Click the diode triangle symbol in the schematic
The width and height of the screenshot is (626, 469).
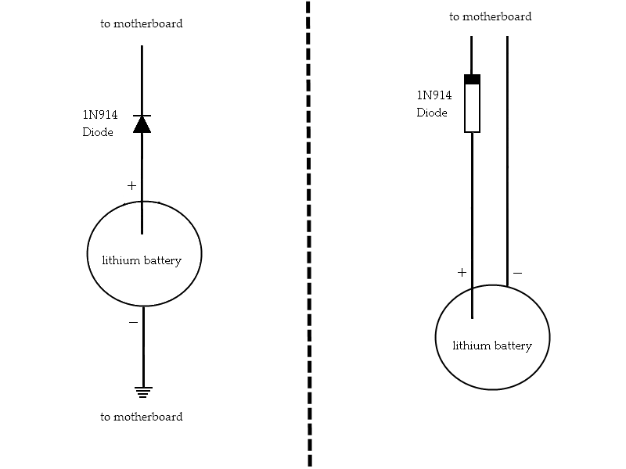click(x=142, y=124)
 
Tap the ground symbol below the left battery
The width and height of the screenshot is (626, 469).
click(x=142, y=392)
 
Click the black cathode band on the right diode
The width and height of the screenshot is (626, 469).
click(x=472, y=79)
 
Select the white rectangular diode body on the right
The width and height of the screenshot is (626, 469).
click(x=472, y=108)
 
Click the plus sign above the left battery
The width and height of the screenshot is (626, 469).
click(x=131, y=186)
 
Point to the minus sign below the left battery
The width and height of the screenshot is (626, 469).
click(x=133, y=322)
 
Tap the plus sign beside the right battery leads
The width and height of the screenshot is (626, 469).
click(x=462, y=273)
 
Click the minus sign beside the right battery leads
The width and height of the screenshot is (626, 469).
click(x=517, y=274)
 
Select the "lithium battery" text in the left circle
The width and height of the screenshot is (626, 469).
click(x=142, y=260)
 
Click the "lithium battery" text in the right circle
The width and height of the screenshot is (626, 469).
click(x=492, y=345)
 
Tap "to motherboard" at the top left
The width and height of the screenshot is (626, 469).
click(x=142, y=23)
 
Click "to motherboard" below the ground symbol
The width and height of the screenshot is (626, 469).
click(x=142, y=417)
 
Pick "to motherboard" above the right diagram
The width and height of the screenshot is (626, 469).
click(x=491, y=16)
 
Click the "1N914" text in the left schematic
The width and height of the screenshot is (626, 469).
click(x=100, y=115)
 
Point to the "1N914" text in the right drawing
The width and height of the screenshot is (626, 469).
click(x=434, y=95)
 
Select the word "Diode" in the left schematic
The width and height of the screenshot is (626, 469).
click(x=98, y=132)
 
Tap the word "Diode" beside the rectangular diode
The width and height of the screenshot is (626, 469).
click(x=432, y=113)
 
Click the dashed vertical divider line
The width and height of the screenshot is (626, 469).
click(x=308, y=234)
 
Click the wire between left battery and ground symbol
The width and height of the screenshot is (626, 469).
click(x=143, y=348)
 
